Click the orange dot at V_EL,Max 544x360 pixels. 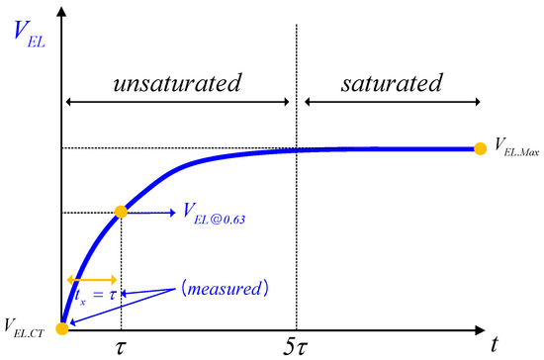[x=481, y=148]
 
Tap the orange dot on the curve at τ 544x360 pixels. [x=121, y=212]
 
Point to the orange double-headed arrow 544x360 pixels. [x=90, y=279]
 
